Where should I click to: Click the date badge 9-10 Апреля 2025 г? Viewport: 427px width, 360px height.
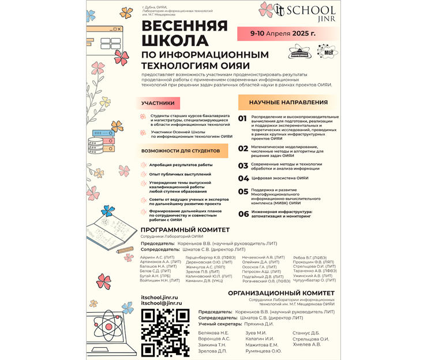tap(283, 33)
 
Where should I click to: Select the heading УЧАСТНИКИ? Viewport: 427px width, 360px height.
tap(158, 103)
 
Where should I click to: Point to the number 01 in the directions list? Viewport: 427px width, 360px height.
tap(243, 119)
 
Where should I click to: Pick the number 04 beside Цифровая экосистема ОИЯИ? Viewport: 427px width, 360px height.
tap(243, 178)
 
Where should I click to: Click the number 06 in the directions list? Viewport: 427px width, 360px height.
tap(243, 214)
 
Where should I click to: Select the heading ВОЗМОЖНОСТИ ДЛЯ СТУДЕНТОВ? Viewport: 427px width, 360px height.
tap(180, 151)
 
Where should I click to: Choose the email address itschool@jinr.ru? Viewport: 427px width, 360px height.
tap(162, 303)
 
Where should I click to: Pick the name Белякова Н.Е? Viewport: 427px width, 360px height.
tap(213, 333)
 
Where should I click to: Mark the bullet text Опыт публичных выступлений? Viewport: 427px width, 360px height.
tap(180, 174)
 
